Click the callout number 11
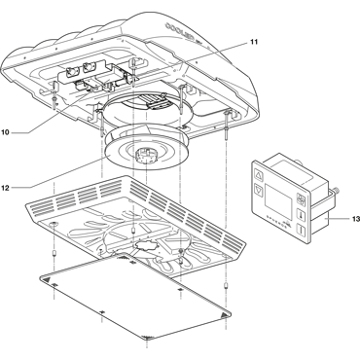click(x=254, y=42)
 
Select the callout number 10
click(x=5, y=132)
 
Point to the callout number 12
click(x=5, y=188)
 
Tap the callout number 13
click(x=356, y=219)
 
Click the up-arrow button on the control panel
click(x=259, y=176)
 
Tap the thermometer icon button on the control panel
click(x=301, y=215)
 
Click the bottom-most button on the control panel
click(x=302, y=231)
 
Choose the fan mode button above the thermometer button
click(x=301, y=200)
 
